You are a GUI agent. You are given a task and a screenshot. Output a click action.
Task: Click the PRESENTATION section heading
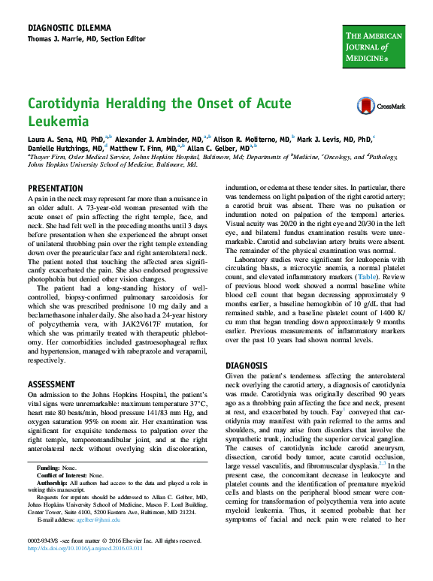pyautogui.click(x=55, y=188)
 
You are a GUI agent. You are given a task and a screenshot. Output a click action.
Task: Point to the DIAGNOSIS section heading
pyautogui.click(x=247, y=366)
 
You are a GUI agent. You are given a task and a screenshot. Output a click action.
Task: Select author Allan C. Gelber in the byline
pyautogui.click(x=222, y=149)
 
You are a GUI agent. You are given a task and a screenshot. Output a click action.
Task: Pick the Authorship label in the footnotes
pyautogui.click(x=53, y=483)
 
